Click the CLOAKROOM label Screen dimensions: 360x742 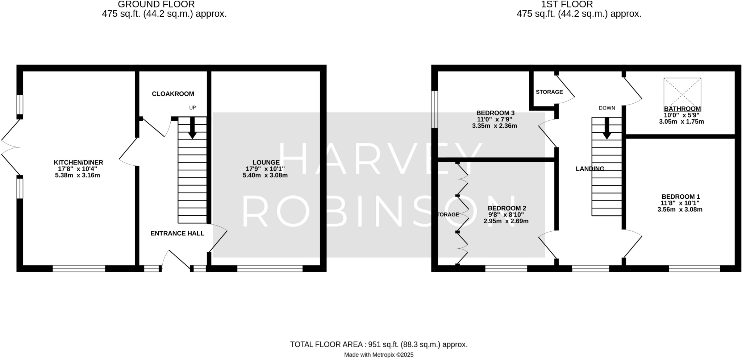[173, 94]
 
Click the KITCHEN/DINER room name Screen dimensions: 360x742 [78, 162]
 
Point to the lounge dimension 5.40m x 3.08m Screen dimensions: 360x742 [265, 175]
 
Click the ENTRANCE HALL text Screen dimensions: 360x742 [177, 233]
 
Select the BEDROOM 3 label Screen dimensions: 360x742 [495, 113]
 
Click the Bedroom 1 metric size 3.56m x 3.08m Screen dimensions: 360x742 [680, 210]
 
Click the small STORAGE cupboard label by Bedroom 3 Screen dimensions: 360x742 [549, 92]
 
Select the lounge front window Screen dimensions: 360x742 [270, 269]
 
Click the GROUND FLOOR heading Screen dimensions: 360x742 [156, 4]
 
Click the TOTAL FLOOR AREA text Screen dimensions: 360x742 [379, 344]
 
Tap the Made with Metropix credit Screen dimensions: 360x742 [379, 355]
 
